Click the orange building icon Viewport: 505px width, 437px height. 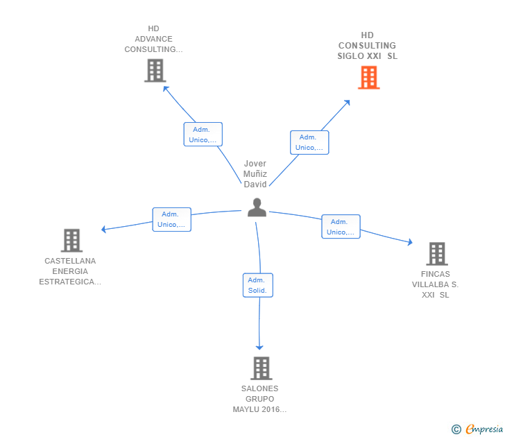coord(369,77)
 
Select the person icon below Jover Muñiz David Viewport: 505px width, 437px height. coord(257,207)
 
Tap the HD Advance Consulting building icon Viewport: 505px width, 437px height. coord(155,70)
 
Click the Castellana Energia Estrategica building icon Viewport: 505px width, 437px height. coord(71,240)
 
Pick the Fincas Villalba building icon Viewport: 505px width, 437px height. coord(437,254)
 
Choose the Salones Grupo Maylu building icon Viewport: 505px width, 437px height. coord(262,368)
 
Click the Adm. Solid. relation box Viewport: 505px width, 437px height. coord(257,285)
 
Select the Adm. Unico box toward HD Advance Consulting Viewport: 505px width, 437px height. coord(203,135)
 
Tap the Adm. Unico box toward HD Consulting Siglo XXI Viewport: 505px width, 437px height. coord(309,142)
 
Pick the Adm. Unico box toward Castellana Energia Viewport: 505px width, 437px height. coord(171,219)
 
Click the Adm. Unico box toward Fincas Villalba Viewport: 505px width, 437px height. coord(341,227)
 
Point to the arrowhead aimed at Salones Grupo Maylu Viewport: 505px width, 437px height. coord(259,348)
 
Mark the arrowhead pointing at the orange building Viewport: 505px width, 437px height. coord(347,103)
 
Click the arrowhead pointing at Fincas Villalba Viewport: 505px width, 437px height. coord(410,242)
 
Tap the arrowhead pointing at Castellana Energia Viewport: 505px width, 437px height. coord(103,229)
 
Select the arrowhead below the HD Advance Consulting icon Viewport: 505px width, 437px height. coord(166,89)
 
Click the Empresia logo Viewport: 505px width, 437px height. coord(477,429)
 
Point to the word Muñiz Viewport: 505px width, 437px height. coord(255,174)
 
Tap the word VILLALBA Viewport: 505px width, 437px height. coord(430,284)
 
